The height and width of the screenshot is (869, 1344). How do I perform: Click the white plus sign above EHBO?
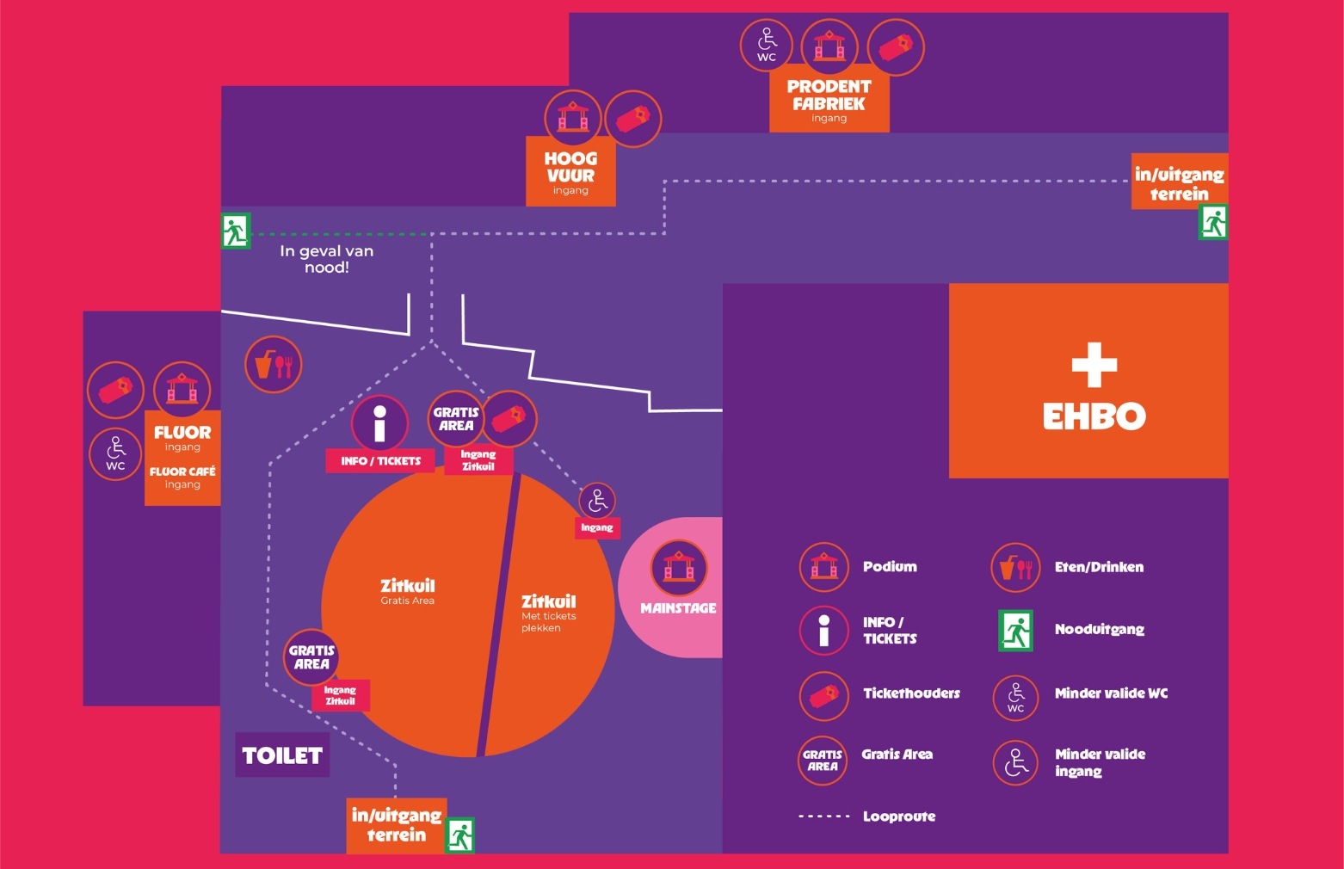1094,365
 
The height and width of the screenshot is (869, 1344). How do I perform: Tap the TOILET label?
282,755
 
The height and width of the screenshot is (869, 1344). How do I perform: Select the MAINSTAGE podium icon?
679,568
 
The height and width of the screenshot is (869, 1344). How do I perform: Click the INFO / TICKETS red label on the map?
380,461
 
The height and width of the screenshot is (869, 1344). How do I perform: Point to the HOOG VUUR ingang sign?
570,172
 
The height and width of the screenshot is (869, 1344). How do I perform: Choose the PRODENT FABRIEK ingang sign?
829,101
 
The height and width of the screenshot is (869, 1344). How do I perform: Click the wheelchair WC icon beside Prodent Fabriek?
766,45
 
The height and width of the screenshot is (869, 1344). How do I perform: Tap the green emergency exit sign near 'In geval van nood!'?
235,231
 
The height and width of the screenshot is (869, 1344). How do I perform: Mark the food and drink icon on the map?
274,365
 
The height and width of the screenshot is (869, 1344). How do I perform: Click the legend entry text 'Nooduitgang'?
1099,630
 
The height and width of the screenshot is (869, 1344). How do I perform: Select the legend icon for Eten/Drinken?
1016,567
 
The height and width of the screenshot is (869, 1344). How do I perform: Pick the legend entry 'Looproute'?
899,817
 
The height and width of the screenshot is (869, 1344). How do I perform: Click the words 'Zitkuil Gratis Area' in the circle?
408,591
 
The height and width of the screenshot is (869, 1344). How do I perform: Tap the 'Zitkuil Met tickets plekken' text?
548,613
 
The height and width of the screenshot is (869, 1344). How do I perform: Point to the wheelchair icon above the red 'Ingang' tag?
597,501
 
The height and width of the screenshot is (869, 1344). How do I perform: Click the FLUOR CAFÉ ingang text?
182,478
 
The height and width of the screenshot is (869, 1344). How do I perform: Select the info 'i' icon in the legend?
823,630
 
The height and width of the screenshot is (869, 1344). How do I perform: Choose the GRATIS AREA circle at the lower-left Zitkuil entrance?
311,657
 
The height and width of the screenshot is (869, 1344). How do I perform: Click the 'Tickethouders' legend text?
911,693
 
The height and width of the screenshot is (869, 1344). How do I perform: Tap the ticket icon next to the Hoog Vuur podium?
633,118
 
